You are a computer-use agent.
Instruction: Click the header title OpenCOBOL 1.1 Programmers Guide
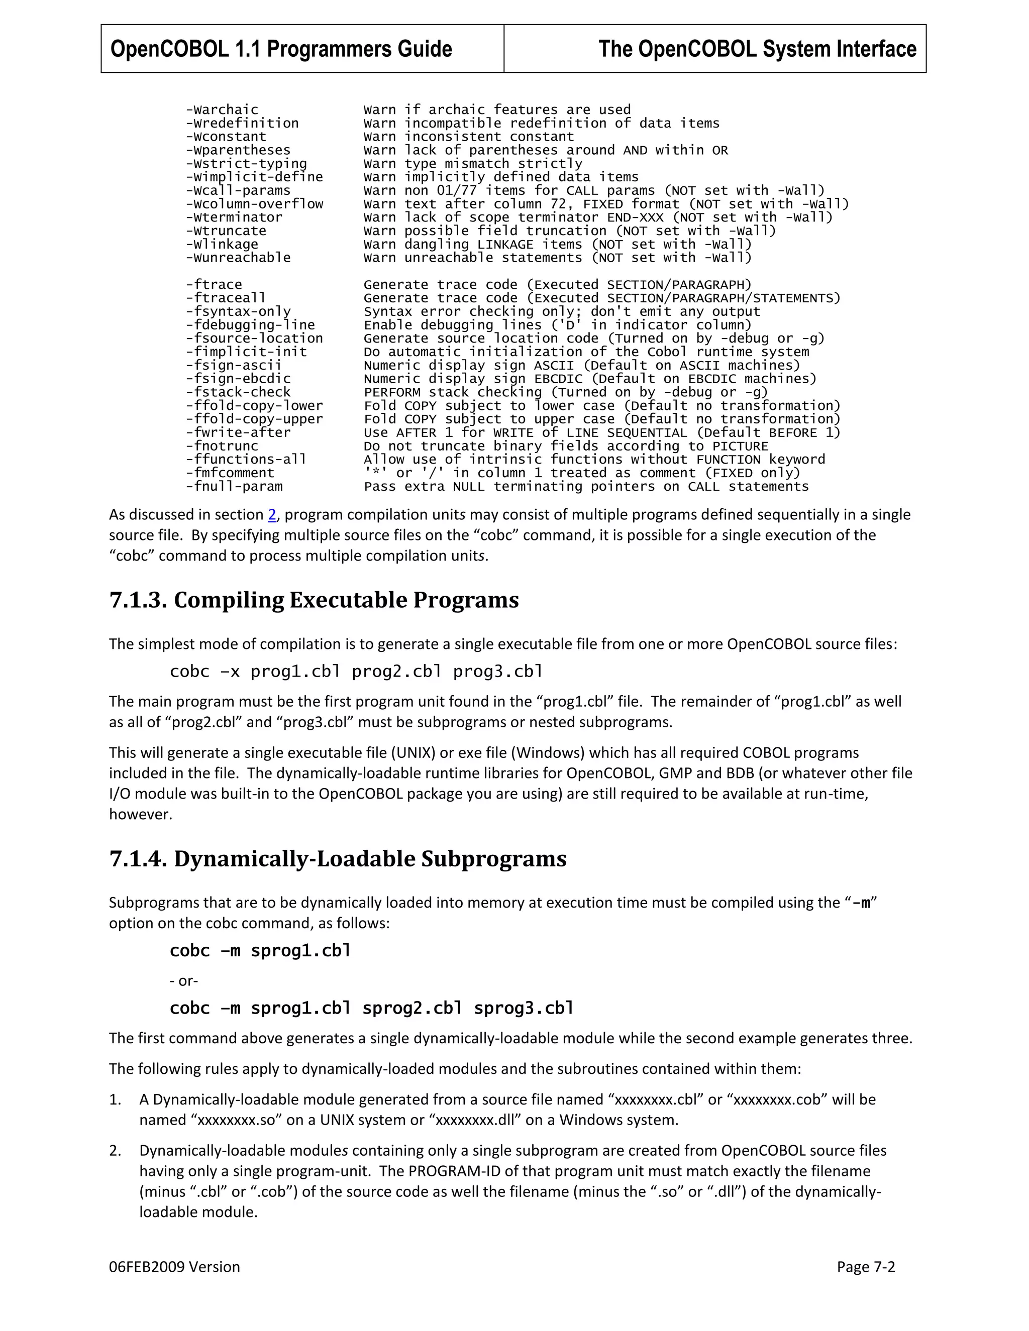point(281,49)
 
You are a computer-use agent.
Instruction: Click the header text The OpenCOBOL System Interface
point(757,49)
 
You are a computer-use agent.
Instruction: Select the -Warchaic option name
point(222,109)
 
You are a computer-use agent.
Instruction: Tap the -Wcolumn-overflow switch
point(254,203)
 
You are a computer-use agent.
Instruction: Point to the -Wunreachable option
point(238,257)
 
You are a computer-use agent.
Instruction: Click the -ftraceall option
point(226,298)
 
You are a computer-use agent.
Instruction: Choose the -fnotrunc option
point(222,446)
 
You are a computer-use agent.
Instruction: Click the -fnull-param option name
point(234,486)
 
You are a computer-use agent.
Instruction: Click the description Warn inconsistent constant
point(468,137)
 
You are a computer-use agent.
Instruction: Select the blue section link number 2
point(272,515)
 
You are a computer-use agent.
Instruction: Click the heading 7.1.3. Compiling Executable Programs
point(314,600)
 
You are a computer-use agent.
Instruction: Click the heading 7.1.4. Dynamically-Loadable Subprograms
point(338,859)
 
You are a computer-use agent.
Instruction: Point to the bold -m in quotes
point(861,903)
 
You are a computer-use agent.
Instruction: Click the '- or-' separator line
point(183,980)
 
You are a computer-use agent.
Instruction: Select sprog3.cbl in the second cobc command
point(524,1008)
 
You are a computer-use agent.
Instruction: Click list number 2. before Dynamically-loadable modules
point(115,1151)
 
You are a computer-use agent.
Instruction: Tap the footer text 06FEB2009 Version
point(174,1267)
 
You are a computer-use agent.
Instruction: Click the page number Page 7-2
point(866,1267)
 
